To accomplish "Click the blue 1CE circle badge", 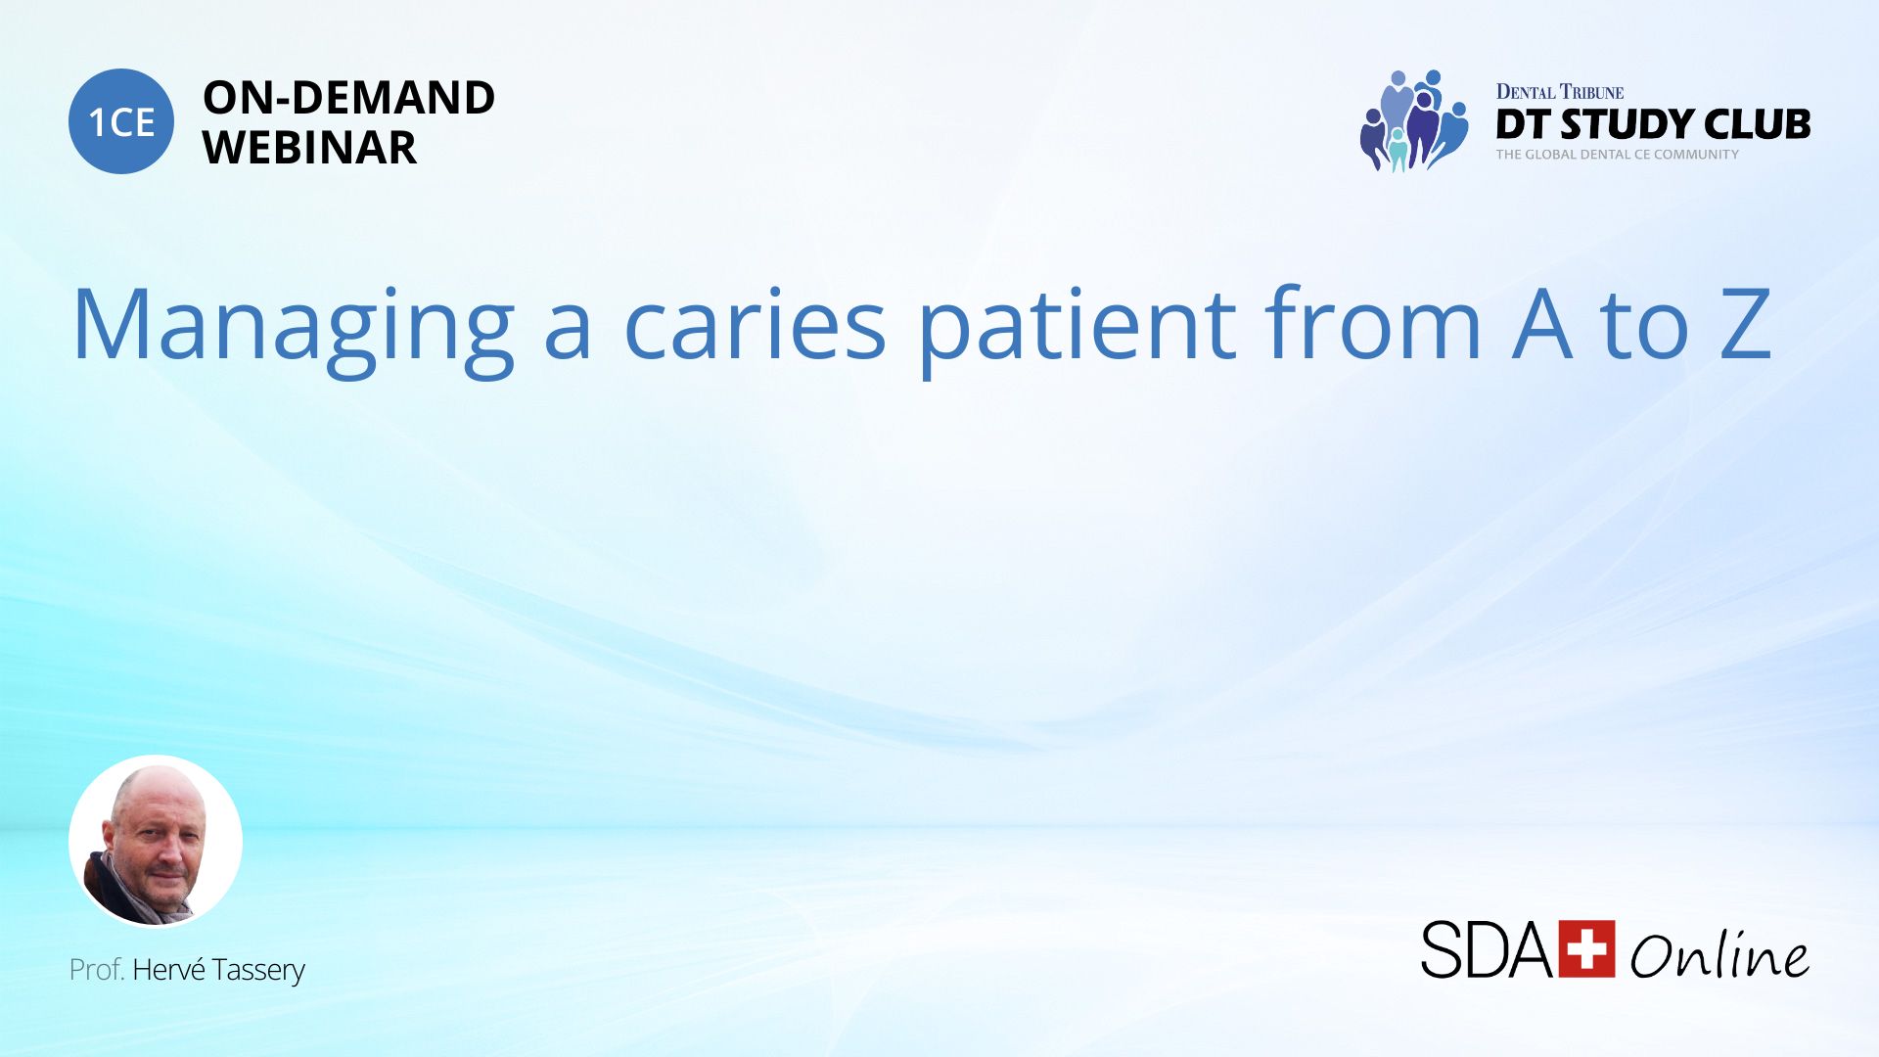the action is (121, 121).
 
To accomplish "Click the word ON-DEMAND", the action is (349, 98).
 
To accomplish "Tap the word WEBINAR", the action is (309, 148).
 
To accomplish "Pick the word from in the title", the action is (1374, 322).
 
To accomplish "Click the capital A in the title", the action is (1542, 324).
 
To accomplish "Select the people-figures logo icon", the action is (1413, 121).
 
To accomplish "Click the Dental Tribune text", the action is (1560, 92).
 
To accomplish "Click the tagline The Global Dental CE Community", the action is (1618, 155).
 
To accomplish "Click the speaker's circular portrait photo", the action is (156, 841).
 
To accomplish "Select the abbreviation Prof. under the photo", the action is (96, 970).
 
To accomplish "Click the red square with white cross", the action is (1586, 948).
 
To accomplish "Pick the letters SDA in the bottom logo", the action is (1487, 949).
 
